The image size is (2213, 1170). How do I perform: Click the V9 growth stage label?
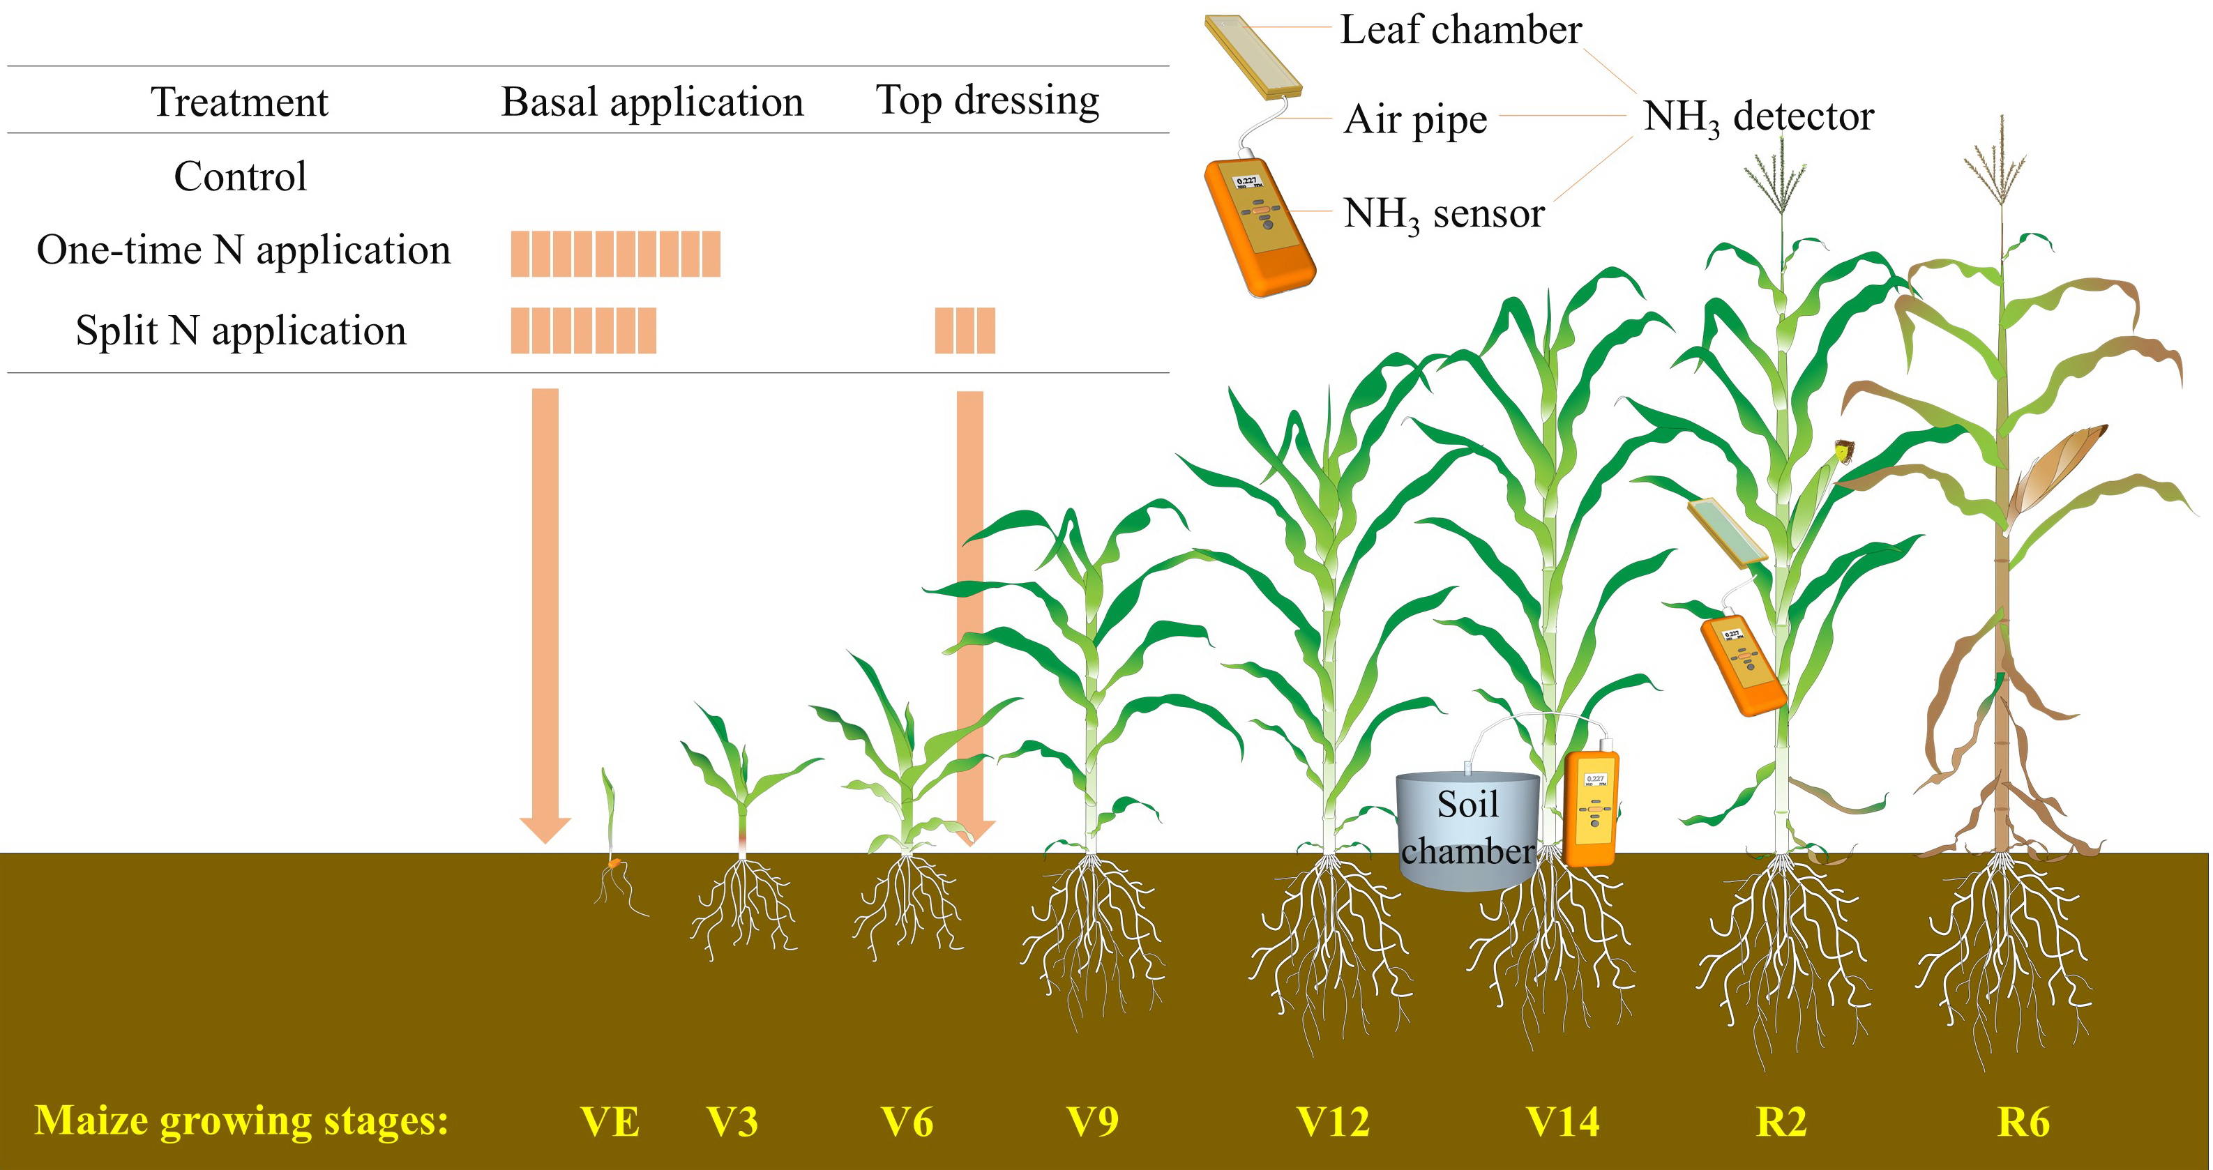1092,1122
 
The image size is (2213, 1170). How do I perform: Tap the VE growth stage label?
610,1122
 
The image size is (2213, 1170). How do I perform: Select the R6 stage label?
2023,1122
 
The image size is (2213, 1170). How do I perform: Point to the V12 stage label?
1332,1122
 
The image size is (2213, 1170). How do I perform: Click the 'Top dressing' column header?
987,100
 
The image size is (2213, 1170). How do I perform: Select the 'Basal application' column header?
652,102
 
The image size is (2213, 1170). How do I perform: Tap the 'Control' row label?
240,176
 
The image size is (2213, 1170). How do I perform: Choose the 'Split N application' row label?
241,331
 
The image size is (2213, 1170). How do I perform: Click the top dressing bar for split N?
965,331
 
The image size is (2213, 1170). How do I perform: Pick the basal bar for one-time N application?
615,253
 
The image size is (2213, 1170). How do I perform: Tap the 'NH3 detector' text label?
1758,117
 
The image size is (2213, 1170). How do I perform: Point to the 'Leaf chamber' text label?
1460,30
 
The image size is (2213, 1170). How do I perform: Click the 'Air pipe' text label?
1415,119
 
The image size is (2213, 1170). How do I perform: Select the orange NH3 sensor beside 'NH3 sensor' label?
1259,227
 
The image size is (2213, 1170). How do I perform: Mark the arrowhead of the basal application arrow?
545,830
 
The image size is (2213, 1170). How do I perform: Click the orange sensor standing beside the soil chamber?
1592,807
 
